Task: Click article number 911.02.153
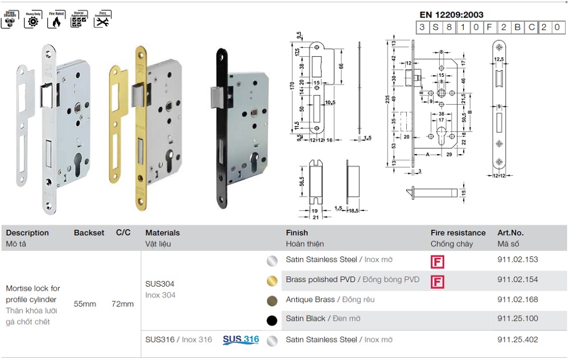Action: click(x=517, y=259)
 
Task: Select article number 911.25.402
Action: click(x=517, y=340)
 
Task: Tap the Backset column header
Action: click(x=89, y=233)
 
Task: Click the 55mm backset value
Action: click(x=85, y=304)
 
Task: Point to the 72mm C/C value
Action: click(x=122, y=304)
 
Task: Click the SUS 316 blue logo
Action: click(x=241, y=340)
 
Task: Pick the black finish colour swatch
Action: click(x=273, y=320)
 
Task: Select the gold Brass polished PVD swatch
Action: click(x=273, y=281)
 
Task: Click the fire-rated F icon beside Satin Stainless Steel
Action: click(x=437, y=262)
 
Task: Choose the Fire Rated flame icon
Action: click(x=55, y=21)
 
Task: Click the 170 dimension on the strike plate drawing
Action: click(x=292, y=86)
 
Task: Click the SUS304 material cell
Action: click(x=160, y=283)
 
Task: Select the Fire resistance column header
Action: click(x=457, y=233)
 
